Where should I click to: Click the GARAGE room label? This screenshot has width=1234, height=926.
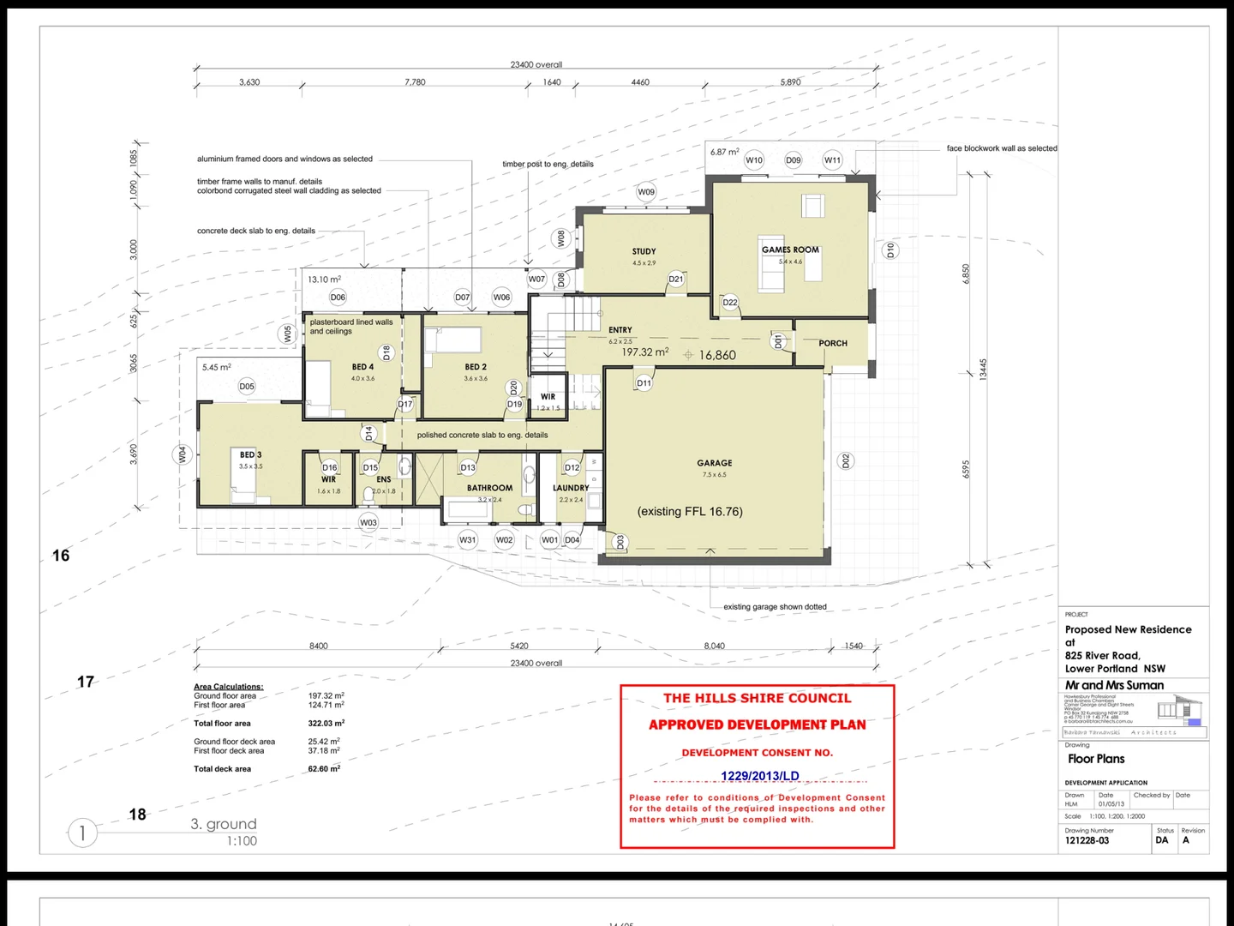[x=714, y=463]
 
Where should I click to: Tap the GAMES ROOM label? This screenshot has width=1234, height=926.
[x=790, y=250]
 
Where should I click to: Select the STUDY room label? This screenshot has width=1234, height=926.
[x=644, y=252]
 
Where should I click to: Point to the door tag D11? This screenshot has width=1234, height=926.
[x=644, y=383]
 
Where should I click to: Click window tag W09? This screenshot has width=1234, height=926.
[x=646, y=192]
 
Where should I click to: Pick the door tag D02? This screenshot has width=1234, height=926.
[x=846, y=461]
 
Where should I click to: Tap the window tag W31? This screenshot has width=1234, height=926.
[x=467, y=540]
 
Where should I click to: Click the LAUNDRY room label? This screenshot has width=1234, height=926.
[x=571, y=488]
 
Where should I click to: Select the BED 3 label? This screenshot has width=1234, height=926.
[x=250, y=455]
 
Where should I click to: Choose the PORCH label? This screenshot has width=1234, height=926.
[x=832, y=344]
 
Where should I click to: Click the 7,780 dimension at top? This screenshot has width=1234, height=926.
[x=415, y=82]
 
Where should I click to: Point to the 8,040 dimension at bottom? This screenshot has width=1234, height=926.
[x=714, y=646]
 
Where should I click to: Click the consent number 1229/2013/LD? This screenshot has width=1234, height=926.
[x=759, y=776]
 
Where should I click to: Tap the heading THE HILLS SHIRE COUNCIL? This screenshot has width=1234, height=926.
[x=758, y=698]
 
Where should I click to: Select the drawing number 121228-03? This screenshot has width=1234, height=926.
[x=1087, y=840]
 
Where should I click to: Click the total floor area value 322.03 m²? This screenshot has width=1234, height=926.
[x=326, y=724]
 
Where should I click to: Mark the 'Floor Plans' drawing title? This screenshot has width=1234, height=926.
[x=1096, y=759]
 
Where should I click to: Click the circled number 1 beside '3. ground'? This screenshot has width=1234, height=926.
[x=82, y=833]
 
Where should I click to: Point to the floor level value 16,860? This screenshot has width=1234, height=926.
[x=717, y=356]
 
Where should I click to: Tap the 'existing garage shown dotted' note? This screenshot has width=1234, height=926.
[x=775, y=607]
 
